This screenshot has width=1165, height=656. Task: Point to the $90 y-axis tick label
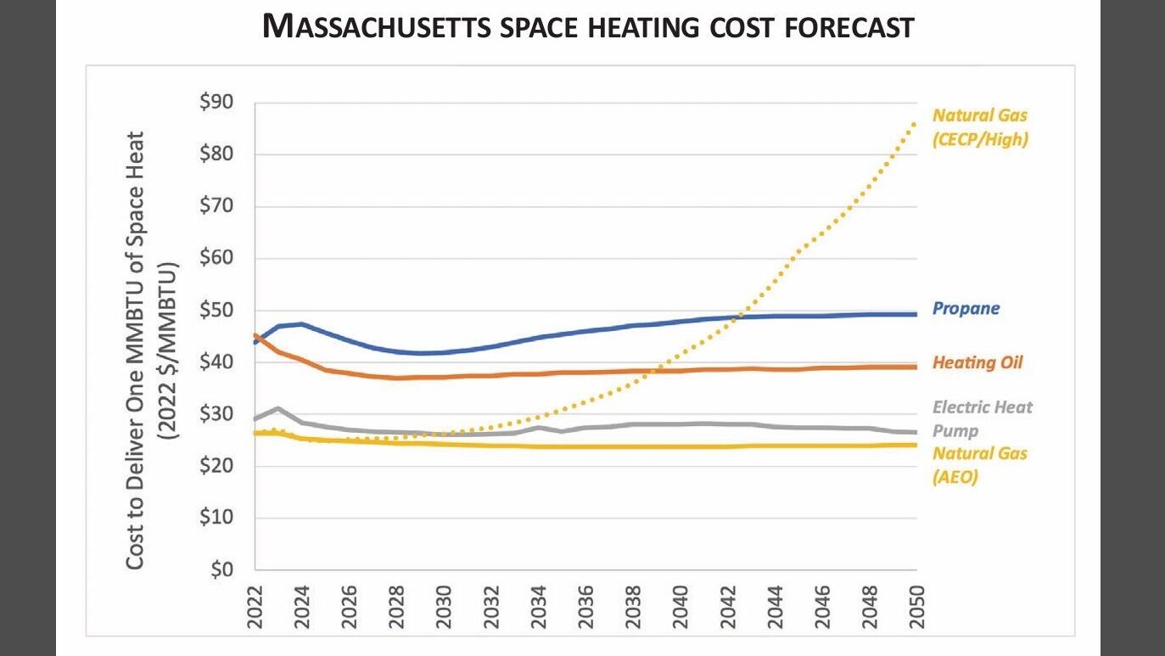pyautogui.click(x=216, y=103)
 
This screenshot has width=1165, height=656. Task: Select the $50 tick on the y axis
pyautogui.click(x=216, y=311)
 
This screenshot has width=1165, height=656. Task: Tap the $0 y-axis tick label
pyautogui.click(x=221, y=570)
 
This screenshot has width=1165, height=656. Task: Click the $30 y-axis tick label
pyautogui.click(x=216, y=414)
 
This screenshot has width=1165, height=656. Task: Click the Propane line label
pyautogui.click(x=966, y=309)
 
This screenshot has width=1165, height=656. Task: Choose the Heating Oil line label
pyautogui.click(x=977, y=363)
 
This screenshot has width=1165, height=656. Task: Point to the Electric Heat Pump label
pyautogui.click(x=982, y=418)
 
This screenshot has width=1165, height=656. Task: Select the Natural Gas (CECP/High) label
pyautogui.click(x=980, y=127)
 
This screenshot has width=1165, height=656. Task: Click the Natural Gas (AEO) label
pyautogui.click(x=979, y=465)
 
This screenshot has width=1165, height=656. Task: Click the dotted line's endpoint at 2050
pyautogui.click(x=916, y=122)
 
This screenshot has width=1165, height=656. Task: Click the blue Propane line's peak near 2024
pyautogui.click(x=301, y=324)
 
